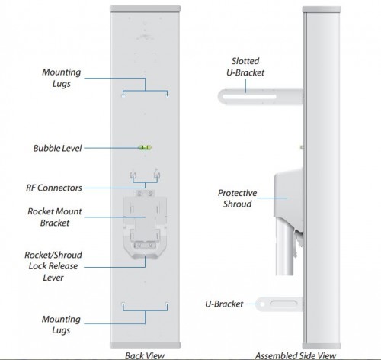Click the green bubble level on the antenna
pyautogui.click(x=145, y=147)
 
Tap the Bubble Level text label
pyautogui.click(x=57, y=148)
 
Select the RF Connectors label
pyautogui.click(x=54, y=188)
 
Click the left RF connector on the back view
pyautogui.click(x=133, y=175)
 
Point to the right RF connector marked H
pyautogui.click(x=157, y=175)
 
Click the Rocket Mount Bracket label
pyautogui.click(x=55, y=217)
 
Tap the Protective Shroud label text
pyautogui.click(x=237, y=198)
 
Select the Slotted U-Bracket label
pyautogui.click(x=245, y=66)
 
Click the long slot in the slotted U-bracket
pyautogui.click(x=249, y=97)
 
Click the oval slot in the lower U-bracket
pyautogui.click(x=283, y=304)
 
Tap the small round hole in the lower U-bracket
pyautogui.click(x=262, y=304)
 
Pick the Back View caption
pyautogui.click(x=145, y=355)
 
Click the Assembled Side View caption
pyautogui.click(x=296, y=355)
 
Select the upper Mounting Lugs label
pyautogui.click(x=62, y=78)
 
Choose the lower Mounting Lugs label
pyautogui.click(x=61, y=324)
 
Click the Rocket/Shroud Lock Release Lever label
pyautogui.click(x=53, y=266)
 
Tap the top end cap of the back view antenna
pyautogui.click(x=145, y=9)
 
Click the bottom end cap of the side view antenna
pyautogui.click(x=322, y=346)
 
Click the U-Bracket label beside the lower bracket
pyautogui.click(x=224, y=304)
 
